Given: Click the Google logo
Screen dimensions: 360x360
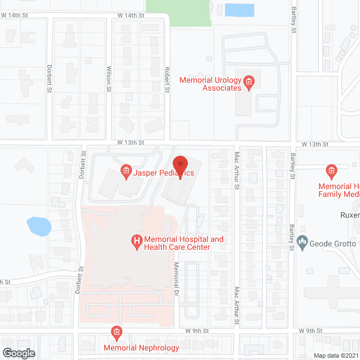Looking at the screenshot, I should pyautogui.click(x=18, y=353).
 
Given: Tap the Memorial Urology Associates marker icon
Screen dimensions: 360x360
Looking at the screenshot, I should pyautogui.click(x=250, y=83).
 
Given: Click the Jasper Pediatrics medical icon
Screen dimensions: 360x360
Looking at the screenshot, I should pyautogui.click(x=126, y=172).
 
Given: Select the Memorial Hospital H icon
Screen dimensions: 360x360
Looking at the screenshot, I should pyautogui.click(x=136, y=243).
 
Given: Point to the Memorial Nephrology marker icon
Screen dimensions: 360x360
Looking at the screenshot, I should pyautogui.click(x=116, y=332).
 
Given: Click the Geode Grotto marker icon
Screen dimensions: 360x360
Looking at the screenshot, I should pyautogui.click(x=302, y=243).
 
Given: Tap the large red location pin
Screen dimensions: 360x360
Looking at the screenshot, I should pyautogui.click(x=180, y=166).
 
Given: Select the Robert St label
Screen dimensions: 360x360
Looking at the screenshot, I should pyautogui.click(x=166, y=81).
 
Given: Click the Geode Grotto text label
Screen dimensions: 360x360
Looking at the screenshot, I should pyautogui.click(x=333, y=244).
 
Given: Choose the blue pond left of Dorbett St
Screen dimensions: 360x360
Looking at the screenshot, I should pyautogui.click(x=39, y=226).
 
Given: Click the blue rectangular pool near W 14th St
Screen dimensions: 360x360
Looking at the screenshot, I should pyautogui.click(x=238, y=10).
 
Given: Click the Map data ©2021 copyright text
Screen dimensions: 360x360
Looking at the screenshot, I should pyautogui.click(x=335, y=355).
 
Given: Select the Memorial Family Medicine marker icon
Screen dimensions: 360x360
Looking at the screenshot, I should pyautogui.click(x=331, y=170).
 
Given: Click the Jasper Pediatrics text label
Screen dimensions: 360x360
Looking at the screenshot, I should pyautogui.click(x=164, y=173).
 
